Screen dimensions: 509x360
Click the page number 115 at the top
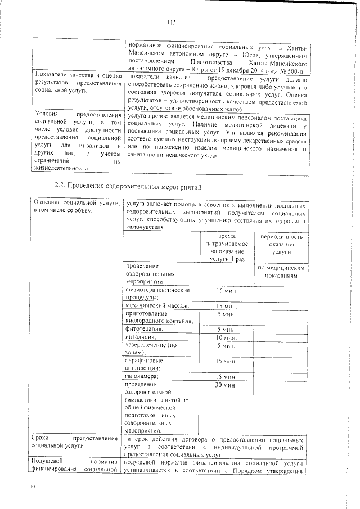point(172,23)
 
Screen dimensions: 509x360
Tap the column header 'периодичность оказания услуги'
point(281,245)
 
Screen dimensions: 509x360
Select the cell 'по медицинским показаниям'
point(281,272)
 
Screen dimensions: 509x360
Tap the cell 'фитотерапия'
point(145,328)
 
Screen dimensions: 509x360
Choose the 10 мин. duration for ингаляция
point(226,337)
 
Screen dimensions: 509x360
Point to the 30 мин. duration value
point(226,385)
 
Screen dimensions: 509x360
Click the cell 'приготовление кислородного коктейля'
point(157,317)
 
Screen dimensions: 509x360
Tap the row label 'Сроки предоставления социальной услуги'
point(76,443)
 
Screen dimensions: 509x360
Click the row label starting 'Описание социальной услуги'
point(76,206)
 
